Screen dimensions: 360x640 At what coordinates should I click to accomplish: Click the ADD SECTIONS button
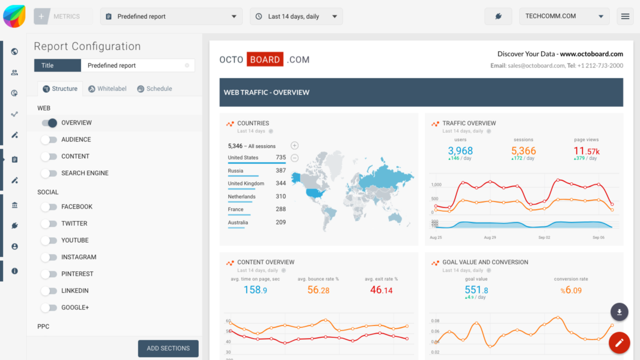click(x=168, y=348)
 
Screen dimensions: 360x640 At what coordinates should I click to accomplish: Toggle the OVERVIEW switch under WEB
click(x=50, y=123)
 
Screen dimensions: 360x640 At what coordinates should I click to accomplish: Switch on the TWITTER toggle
click(x=50, y=224)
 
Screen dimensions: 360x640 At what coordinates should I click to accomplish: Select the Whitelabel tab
click(x=107, y=89)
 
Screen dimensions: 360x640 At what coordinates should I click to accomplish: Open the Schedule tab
click(x=154, y=89)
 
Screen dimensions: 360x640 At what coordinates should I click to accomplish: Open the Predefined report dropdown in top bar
click(x=171, y=16)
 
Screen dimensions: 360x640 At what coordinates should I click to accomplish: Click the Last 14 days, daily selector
click(x=296, y=16)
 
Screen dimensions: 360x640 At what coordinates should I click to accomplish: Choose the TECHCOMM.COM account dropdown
click(x=564, y=16)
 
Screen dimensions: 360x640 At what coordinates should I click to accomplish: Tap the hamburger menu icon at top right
click(x=625, y=16)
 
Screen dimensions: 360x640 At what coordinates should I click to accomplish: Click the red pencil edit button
click(x=619, y=343)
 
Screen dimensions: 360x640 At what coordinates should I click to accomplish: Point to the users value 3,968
click(x=460, y=151)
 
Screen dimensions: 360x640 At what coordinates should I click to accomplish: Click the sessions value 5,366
click(x=523, y=151)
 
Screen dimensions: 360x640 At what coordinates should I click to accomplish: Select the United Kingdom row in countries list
click(x=246, y=184)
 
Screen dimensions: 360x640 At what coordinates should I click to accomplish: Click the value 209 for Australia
click(x=281, y=222)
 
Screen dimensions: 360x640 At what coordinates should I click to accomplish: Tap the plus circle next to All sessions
click(x=294, y=146)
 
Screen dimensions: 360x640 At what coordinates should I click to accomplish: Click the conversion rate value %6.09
click(x=571, y=290)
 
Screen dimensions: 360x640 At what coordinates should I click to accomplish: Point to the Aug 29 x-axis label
click(x=490, y=238)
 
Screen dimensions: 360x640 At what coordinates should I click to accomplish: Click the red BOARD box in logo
click(x=265, y=60)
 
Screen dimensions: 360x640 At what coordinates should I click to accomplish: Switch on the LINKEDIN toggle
click(x=50, y=291)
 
